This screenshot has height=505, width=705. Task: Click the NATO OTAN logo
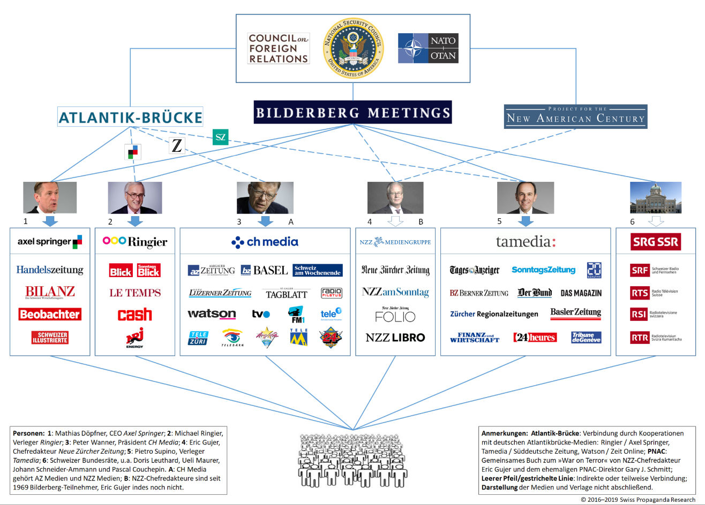click(428, 48)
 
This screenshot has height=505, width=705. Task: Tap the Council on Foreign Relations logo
click(279, 49)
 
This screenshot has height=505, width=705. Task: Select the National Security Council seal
click(352, 48)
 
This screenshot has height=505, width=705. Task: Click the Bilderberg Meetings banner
click(352, 112)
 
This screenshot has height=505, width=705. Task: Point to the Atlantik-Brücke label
click(131, 117)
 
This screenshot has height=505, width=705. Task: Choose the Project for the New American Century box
click(576, 116)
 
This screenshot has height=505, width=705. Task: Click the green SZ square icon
click(220, 137)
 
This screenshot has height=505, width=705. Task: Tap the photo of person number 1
click(50, 197)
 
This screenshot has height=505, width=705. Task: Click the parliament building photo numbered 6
click(656, 197)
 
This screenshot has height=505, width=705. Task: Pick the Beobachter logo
click(50, 315)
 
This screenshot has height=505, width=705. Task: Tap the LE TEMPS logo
click(135, 293)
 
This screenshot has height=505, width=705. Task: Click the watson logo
click(212, 314)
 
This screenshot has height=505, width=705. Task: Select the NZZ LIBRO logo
click(395, 338)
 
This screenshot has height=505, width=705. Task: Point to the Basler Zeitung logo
click(576, 313)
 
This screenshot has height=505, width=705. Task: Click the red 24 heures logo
click(535, 338)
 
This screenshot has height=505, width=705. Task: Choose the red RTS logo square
click(640, 293)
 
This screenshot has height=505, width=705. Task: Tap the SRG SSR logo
click(656, 242)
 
